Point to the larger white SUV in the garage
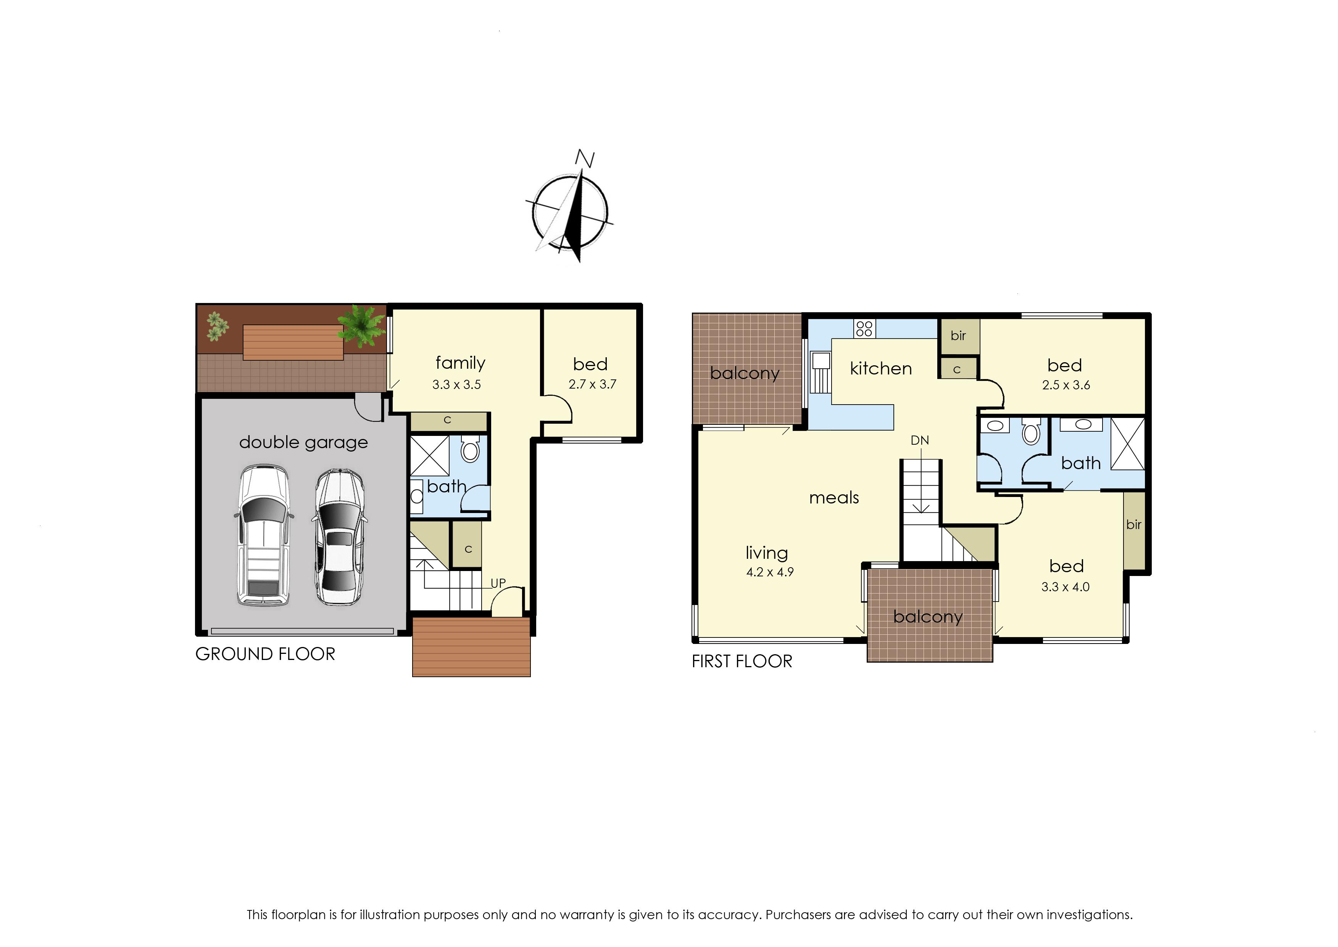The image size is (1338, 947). (x=264, y=535)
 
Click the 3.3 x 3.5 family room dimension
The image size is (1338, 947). (x=456, y=385)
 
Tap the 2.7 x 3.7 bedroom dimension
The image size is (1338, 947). (x=592, y=384)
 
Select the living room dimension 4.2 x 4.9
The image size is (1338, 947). (x=770, y=572)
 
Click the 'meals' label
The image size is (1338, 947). (x=834, y=497)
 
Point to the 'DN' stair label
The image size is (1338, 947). (x=919, y=440)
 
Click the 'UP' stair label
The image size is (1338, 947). (x=498, y=583)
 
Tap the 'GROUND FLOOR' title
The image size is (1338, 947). (x=265, y=654)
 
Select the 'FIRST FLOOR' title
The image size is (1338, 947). (x=742, y=661)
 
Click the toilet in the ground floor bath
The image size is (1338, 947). (x=470, y=448)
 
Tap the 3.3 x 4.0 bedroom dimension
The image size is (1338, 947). (x=1065, y=587)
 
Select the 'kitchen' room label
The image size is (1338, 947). (x=880, y=369)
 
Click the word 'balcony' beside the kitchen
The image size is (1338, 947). (x=745, y=374)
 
